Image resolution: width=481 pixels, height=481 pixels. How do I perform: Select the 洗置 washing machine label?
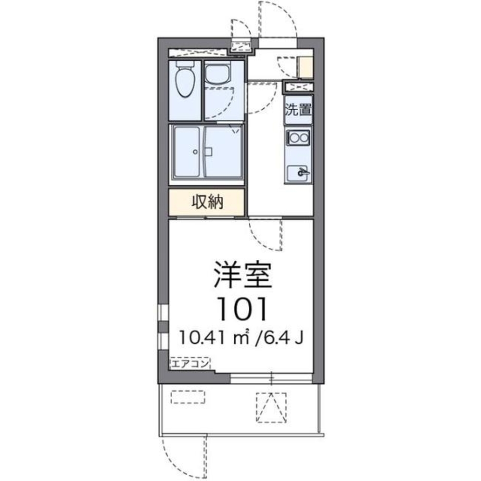click(298, 110)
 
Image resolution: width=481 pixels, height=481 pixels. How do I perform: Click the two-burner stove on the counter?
click(298, 139)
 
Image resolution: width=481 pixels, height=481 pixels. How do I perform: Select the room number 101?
click(241, 309)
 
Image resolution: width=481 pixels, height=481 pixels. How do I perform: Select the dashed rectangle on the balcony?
click(188, 396)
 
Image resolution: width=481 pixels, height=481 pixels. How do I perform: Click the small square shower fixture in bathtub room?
click(208, 152)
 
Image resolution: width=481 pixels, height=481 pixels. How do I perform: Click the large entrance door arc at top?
click(279, 19)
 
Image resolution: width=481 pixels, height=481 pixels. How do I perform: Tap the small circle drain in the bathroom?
click(195, 152)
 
